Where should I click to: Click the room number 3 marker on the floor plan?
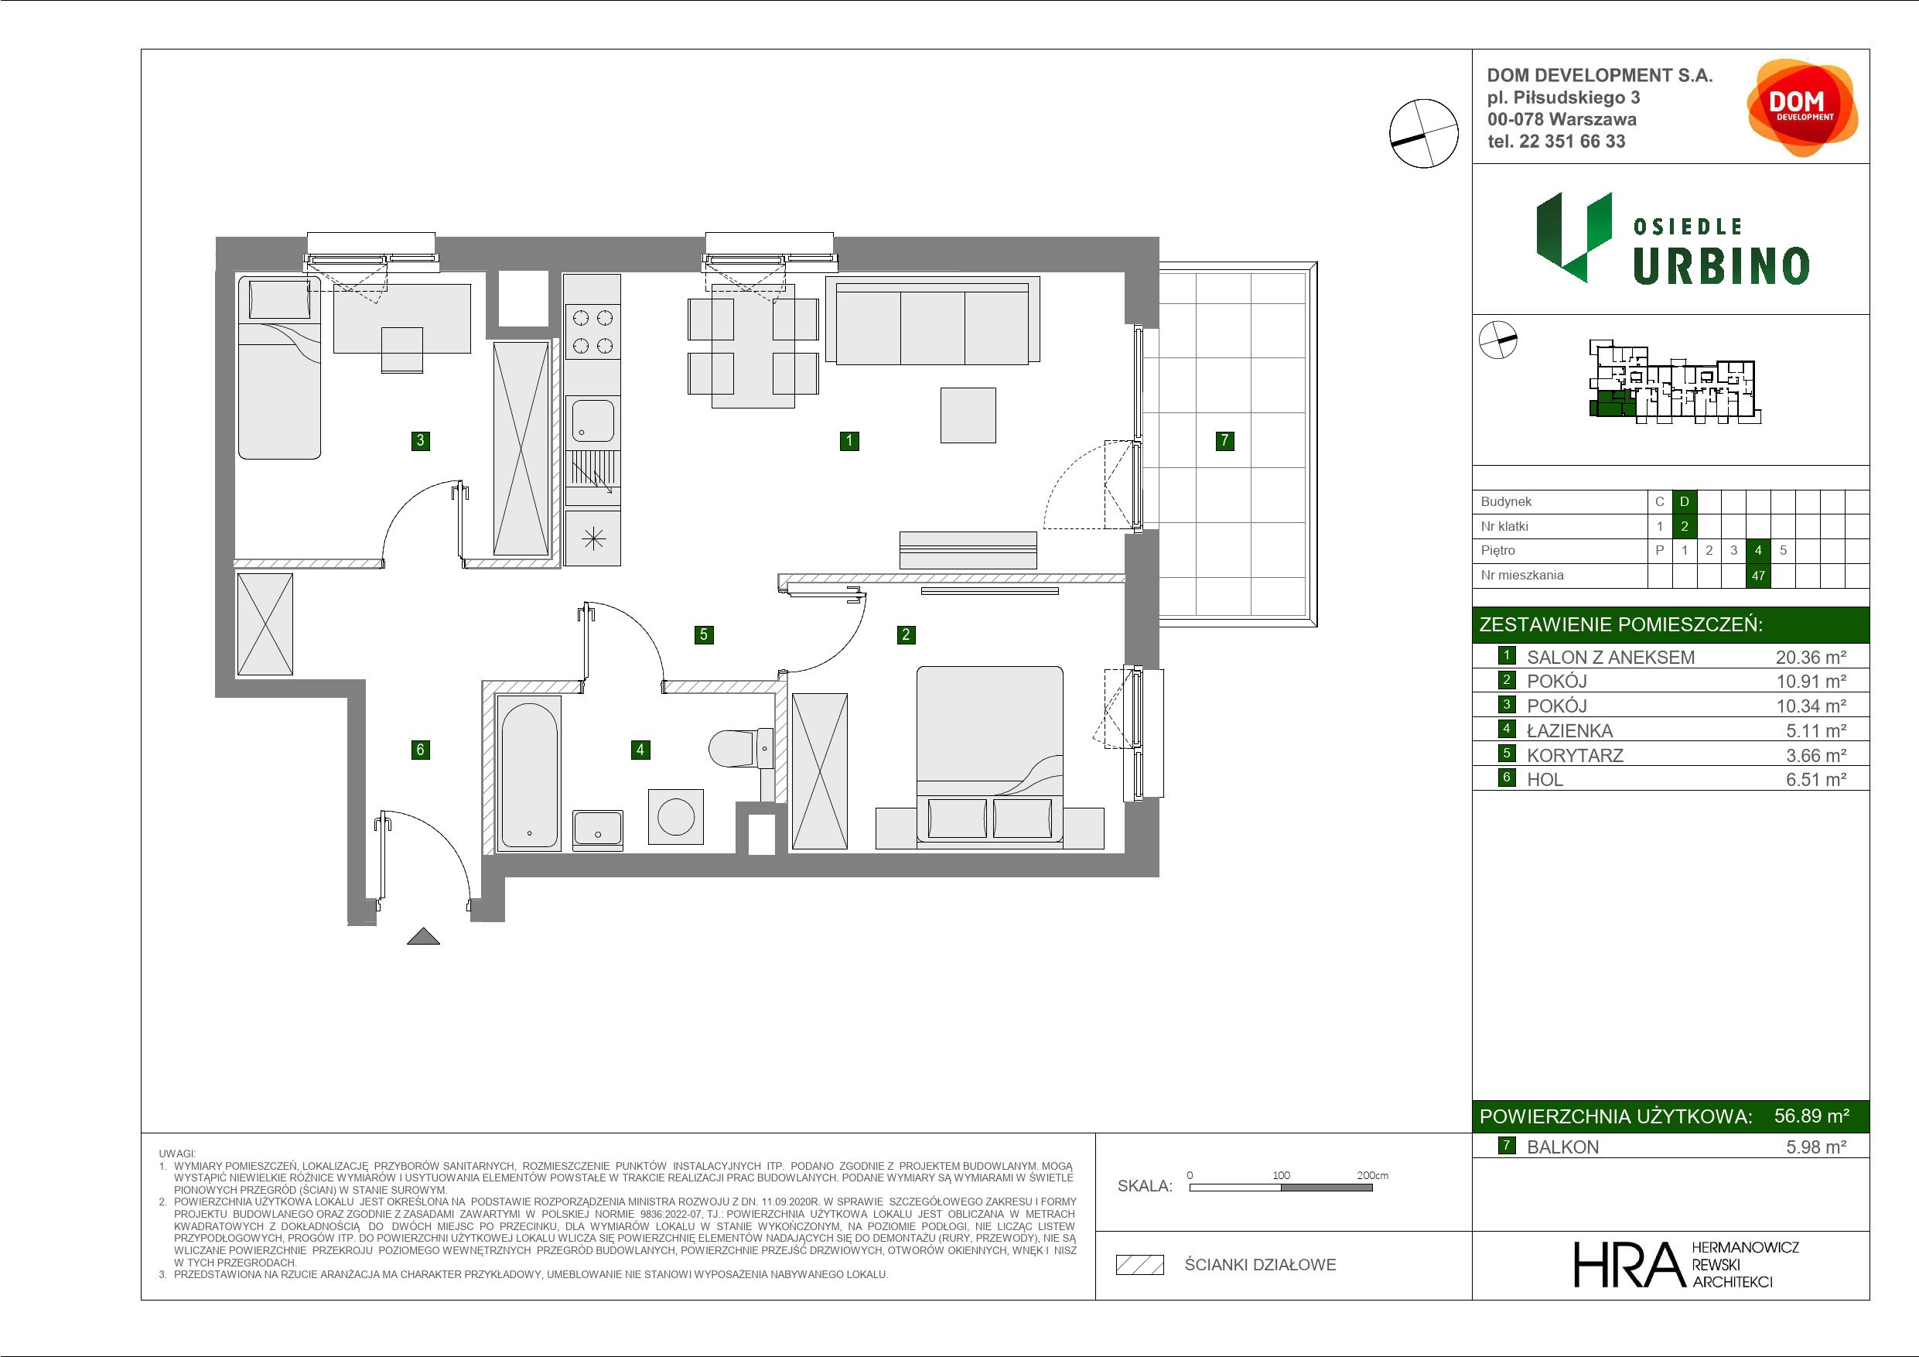[x=421, y=441]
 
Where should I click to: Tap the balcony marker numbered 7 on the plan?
[x=1224, y=441]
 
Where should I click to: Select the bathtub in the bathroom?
[x=529, y=774]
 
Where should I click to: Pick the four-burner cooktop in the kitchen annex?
[x=592, y=331]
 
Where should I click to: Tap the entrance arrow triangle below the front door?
[x=423, y=936]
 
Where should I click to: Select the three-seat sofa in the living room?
[x=932, y=321]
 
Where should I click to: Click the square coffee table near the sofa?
[x=968, y=415]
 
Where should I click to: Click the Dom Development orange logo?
[x=1802, y=107]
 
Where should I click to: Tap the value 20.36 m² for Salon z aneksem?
[x=1811, y=657]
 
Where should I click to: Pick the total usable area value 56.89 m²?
[x=1811, y=1116]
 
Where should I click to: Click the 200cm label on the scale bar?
[x=1372, y=1174]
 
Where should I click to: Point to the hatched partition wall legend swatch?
[x=1140, y=1265]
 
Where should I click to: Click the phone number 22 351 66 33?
[x=1572, y=142]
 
